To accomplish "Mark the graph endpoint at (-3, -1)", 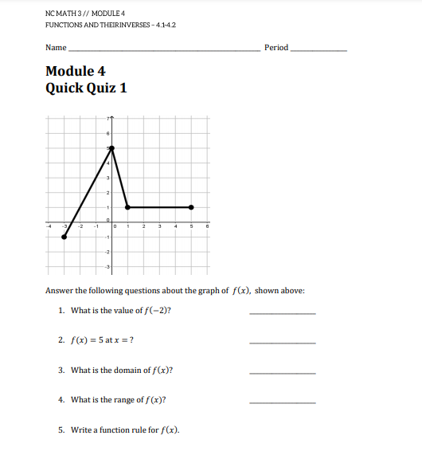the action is point(64,237).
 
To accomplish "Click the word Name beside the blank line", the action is point(56,48).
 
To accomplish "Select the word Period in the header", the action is point(275,48).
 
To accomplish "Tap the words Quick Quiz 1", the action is point(86,88).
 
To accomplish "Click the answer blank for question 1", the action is point(282,312).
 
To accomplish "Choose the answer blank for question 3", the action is point(282,372).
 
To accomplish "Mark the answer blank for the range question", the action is point(282,402).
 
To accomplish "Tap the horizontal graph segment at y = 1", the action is point(159,207).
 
